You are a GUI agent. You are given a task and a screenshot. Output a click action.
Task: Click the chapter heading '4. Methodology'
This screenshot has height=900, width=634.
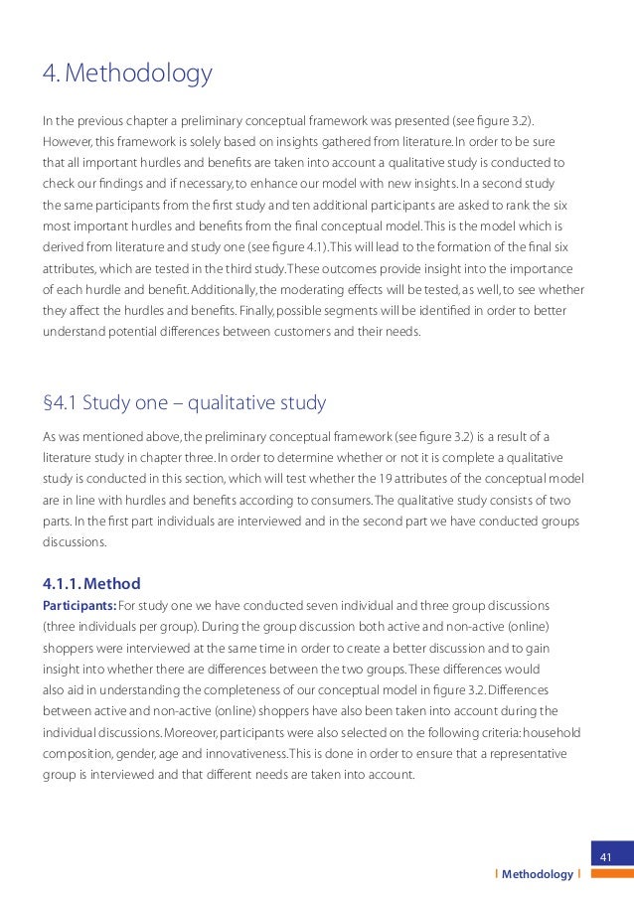(127, 75)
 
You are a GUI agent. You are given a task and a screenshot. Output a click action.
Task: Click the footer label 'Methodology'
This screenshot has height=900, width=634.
(538, 874)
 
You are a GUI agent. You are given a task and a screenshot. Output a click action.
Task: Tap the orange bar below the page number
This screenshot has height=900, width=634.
(604, 874)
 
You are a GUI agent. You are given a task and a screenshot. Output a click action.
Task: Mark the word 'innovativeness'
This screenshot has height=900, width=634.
(234, 753)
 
